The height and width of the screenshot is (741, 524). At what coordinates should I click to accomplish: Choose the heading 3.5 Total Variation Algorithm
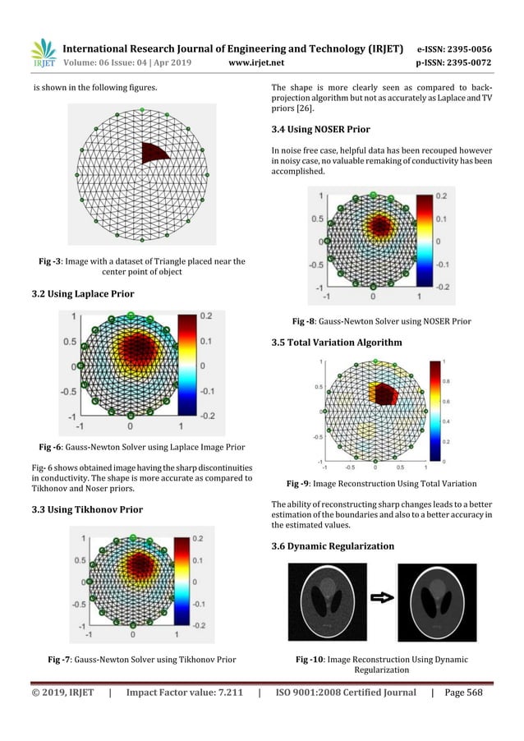(x=337, y=342)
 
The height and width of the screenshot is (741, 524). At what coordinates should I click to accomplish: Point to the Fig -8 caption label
(x=309, y=321)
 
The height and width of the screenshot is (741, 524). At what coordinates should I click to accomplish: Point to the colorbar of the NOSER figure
(x=423, y=242)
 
